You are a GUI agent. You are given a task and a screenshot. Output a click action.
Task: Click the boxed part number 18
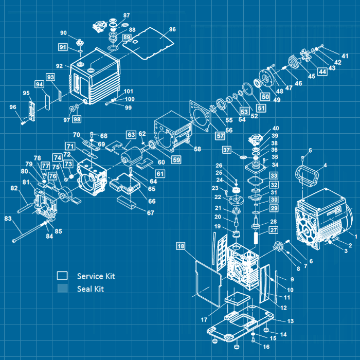coord(181,247)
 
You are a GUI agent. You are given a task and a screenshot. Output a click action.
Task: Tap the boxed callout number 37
coord(227,150)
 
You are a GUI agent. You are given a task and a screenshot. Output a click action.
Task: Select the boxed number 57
coord(220,136)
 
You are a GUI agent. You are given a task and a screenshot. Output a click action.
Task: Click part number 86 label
coord(172,29)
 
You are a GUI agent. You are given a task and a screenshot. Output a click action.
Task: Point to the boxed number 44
coord(322,72)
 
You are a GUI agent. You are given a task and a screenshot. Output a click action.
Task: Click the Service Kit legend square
coord(62,276)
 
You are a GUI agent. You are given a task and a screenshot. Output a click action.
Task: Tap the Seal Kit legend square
coord(62,289)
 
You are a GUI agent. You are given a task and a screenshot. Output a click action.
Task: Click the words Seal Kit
coord(91,289)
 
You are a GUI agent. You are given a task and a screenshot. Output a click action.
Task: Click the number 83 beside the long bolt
coord(8,219)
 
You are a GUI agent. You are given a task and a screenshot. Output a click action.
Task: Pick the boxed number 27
coord(274,230)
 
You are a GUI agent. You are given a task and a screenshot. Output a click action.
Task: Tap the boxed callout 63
coord(131,134)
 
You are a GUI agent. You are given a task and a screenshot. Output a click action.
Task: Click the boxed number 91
coord(62,47)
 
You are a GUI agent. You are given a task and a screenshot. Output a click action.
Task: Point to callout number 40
coord(276,129)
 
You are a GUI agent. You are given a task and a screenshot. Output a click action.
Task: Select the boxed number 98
coord(77,119)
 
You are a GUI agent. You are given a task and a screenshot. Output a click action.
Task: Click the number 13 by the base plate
coord(291,321)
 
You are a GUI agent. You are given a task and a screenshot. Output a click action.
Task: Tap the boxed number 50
coord(265,96)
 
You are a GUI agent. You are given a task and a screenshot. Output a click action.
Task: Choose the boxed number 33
coord(274,176)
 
